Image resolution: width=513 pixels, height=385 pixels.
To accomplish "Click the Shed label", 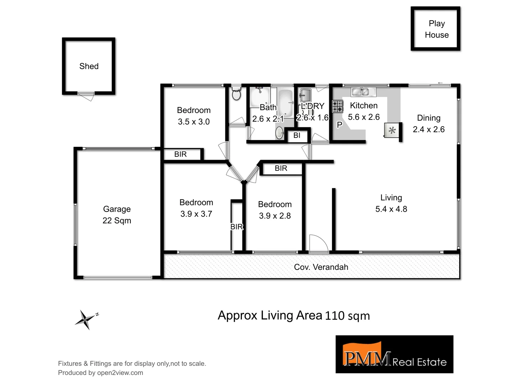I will [89, 66].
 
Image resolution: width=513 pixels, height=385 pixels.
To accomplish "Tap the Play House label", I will [436, 29].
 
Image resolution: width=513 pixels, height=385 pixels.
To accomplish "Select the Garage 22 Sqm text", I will [117, 215].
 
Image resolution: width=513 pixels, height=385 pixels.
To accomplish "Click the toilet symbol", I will [236, 94].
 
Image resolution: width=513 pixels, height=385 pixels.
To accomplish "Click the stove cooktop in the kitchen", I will [337, 106].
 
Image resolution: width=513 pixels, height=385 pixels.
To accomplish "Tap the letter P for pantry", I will [340, 125].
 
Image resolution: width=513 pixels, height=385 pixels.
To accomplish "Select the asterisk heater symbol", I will [392, 130].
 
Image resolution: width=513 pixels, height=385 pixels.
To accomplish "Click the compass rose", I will [85, 319].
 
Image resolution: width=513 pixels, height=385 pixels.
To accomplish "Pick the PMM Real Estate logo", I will [394, 354].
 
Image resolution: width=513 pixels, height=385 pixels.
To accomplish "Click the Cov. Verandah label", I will [321, 267].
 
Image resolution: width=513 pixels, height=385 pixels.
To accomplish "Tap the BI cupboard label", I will [297, 135].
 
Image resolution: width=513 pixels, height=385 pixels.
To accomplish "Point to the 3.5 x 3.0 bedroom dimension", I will [194, 122].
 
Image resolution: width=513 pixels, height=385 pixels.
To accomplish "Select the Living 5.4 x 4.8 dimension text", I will [391, 209].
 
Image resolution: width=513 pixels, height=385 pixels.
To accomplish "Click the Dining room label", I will [429, 118].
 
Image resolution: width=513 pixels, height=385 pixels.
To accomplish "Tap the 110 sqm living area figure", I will [347, 316].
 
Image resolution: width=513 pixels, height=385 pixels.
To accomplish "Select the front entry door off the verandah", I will [318, 244].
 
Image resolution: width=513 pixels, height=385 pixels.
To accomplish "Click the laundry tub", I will [305, 95].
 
